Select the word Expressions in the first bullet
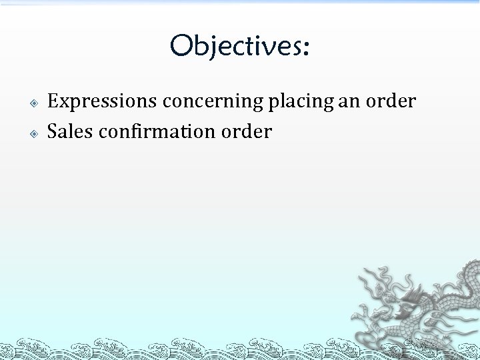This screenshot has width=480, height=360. pos(102,102)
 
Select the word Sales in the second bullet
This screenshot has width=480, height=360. pos(70,131)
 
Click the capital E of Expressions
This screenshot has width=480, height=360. pos(53,101)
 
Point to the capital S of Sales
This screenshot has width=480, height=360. pos(52,131)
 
